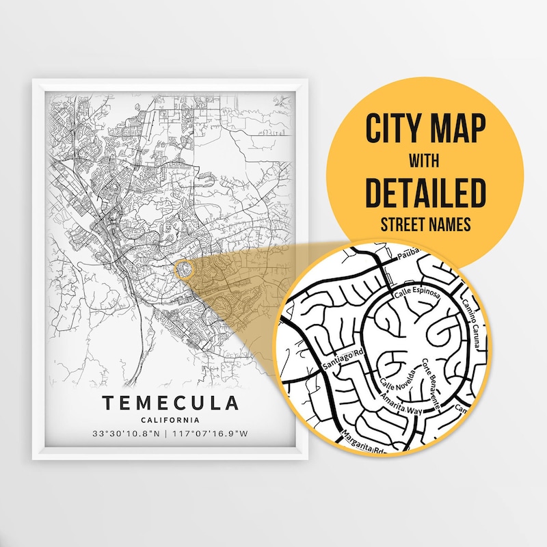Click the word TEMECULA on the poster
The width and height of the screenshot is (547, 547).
point(172,403)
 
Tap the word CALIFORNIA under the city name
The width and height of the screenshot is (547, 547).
point(172,420)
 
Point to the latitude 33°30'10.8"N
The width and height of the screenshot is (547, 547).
point(127,433)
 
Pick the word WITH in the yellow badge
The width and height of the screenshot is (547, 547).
point(425,162)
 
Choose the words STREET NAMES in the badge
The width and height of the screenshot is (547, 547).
point(425,224)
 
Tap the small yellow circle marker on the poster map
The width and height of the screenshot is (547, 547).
point(183,268)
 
